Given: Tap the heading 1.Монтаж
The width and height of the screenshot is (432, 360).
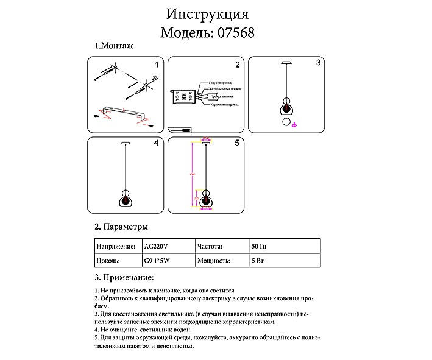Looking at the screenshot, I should click(114, 46).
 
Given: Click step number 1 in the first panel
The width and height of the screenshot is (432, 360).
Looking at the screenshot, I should click(156, 63).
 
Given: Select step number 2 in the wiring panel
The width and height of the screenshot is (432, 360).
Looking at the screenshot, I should click(237, 64).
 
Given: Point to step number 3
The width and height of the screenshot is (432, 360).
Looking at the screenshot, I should click(318, 63).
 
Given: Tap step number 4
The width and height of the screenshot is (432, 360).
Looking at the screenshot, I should click(157, 144).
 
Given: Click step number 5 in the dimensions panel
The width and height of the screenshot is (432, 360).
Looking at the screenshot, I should click(237, 144).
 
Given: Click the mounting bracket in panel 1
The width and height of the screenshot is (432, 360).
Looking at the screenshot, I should click(125, 113).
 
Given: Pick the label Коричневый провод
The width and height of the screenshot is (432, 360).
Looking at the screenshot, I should click(223, 105).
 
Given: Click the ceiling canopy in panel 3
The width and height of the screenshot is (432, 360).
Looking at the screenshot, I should click(286, 63).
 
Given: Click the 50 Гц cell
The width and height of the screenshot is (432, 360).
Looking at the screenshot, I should click(260, 247).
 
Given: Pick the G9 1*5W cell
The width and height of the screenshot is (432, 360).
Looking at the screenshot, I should click(159, 261).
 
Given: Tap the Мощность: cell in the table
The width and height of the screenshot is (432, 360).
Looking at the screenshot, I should click(214, 261).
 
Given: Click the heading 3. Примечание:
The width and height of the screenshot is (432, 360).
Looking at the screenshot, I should click(124, 278).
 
